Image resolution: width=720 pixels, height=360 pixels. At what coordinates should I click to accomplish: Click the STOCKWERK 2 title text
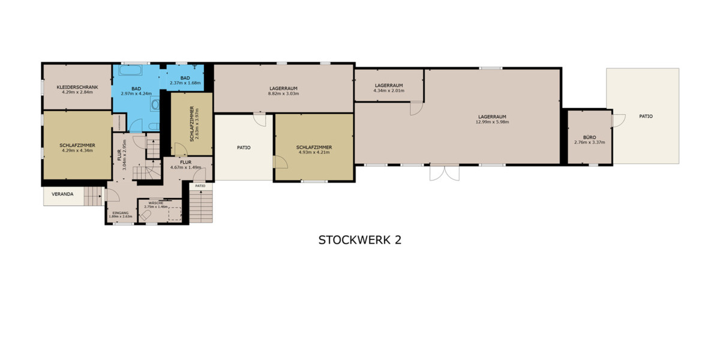[x=359, y=240]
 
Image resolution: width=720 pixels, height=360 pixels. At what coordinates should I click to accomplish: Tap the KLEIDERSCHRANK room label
[x=77, y=88]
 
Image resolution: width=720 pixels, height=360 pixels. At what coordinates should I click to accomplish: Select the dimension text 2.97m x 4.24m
[x=136, y=94]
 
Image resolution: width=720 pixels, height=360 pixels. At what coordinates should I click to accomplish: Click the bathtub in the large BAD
[x=130, y=71]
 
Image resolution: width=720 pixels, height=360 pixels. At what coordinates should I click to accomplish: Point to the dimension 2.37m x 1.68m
[x=185, y=83]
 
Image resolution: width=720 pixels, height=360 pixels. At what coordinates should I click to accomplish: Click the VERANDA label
[x=62, y=194]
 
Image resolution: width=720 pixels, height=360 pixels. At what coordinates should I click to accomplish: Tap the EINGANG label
[x=120, y=212]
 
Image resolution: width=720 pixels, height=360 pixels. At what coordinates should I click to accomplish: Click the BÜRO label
[x=589, y=137]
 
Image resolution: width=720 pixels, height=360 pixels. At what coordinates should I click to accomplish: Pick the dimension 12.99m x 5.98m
[x=492, y=122]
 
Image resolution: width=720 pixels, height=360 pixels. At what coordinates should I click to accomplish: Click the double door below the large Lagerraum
[x=445, y=172]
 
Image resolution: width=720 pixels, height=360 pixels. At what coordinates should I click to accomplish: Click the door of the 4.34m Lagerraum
[x=416, y=109]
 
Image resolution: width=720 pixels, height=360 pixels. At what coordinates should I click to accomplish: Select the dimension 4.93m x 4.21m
[x=314, y=152]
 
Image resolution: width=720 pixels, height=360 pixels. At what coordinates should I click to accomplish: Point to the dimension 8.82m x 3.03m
[x=283, y=94]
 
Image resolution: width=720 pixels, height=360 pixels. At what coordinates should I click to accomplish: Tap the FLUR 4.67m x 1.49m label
[x=185, y=167]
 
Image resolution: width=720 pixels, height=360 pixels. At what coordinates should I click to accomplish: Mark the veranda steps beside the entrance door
[x=93, y=196]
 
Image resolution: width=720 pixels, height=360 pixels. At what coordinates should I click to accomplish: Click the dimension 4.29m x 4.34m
[x=77, y=151]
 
